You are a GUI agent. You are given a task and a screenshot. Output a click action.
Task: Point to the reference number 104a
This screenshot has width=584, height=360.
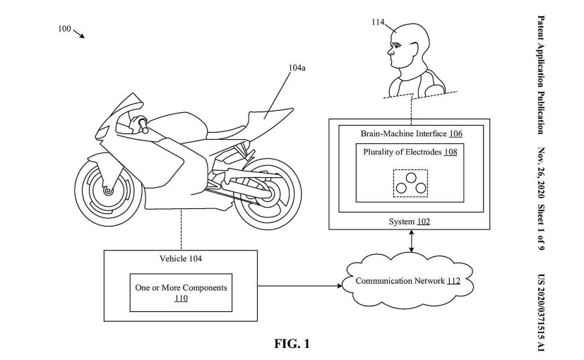[297, 68]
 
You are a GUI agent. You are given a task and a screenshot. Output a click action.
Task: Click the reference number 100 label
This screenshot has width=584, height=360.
[64, 29]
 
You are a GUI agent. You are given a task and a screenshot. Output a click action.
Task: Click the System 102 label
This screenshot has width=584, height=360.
[410, 222]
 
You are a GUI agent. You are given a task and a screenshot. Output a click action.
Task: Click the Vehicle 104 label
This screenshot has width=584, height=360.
[181, 259]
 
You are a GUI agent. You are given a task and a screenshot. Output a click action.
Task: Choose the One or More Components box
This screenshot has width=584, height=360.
[181, 292]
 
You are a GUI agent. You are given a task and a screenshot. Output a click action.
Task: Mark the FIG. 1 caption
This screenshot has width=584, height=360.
[292, 344]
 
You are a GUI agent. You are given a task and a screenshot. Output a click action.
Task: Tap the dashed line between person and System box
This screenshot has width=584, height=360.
[410, 109]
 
